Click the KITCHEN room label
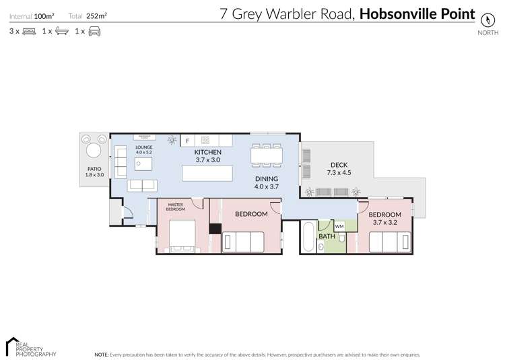pyautogui.click(x=207, y=152)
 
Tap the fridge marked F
pyautogui.click(x=188, y=140)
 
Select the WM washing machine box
pyautogui.click(x=339, y=226)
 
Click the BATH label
pyautogui.click(x=327, y=236)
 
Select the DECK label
pyautogui.click(x=339, y=165)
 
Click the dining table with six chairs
pyautogui.click(x=266, y=155)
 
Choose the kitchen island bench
pyautogui.click(x=207, y=174)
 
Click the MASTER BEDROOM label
pyautogui.click(x=176, y=207)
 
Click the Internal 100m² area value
pyautogui.click(x=44, y=15)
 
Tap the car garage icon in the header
pyautogui.click(x=94, y=31)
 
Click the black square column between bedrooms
pyautogui.click(x=215, y=229)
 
